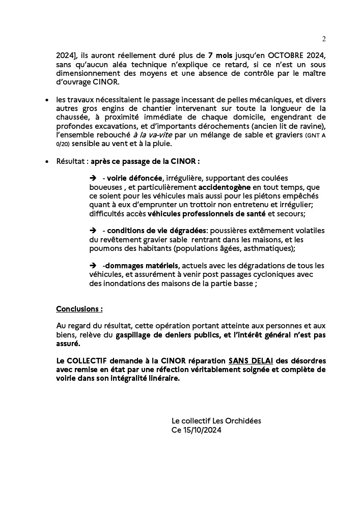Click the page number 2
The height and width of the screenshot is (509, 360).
[x=324, y=39]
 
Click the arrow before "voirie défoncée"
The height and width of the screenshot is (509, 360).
[x=93, y=178]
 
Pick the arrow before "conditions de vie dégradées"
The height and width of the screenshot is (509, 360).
[x=93, y=230]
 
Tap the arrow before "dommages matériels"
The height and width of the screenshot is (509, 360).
[x=93, y=266]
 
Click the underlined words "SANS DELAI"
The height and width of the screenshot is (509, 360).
[x=254, y=361]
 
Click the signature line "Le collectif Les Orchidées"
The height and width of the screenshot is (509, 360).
[x=216, y=421]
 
